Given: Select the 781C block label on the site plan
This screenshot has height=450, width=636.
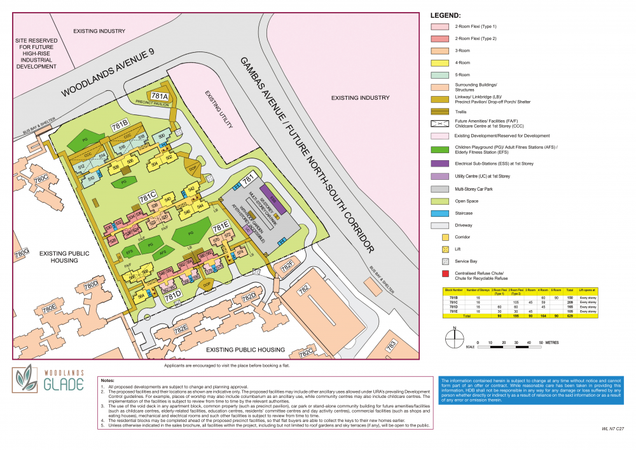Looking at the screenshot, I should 148,196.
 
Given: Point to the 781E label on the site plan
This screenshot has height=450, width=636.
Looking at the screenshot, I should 220,227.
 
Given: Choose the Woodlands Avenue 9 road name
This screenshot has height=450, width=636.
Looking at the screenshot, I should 109,74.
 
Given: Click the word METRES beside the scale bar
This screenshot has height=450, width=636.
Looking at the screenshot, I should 551,343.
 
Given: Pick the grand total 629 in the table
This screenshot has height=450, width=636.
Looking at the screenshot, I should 569,315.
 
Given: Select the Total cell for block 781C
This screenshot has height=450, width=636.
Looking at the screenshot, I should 569,302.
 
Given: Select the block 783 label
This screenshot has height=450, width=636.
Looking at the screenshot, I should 390,344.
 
